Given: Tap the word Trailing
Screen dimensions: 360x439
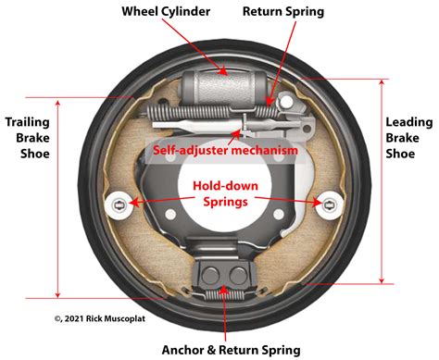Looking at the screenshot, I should pos(28,121).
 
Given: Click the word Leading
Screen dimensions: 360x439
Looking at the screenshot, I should pos(410,122).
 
